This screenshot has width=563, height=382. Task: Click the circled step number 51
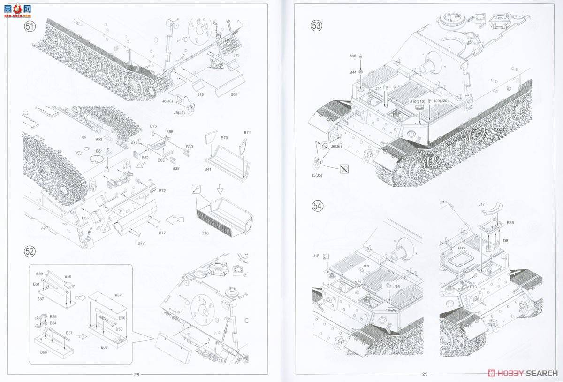pos(30,27)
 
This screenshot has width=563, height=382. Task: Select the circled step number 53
pos(317,26)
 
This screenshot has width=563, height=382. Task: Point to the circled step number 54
pos(318,206)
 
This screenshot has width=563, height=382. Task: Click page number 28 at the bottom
pos(137,374)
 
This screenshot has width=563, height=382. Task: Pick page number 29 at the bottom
pos(425,374)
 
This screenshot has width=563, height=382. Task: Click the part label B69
pos(234,94)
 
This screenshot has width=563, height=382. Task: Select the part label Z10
pos(205,234)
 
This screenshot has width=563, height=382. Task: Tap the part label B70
pos(224,138)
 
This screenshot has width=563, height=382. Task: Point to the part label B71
pos(247,133)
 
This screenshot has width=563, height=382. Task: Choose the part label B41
pos(208,169)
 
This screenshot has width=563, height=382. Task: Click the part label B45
pos(353,56)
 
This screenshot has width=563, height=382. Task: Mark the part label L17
pos(482,205)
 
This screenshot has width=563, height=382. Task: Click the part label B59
pos(39,273)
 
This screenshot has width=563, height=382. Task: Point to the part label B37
pos(69,333)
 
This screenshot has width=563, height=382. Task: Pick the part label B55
pos(85,218)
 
